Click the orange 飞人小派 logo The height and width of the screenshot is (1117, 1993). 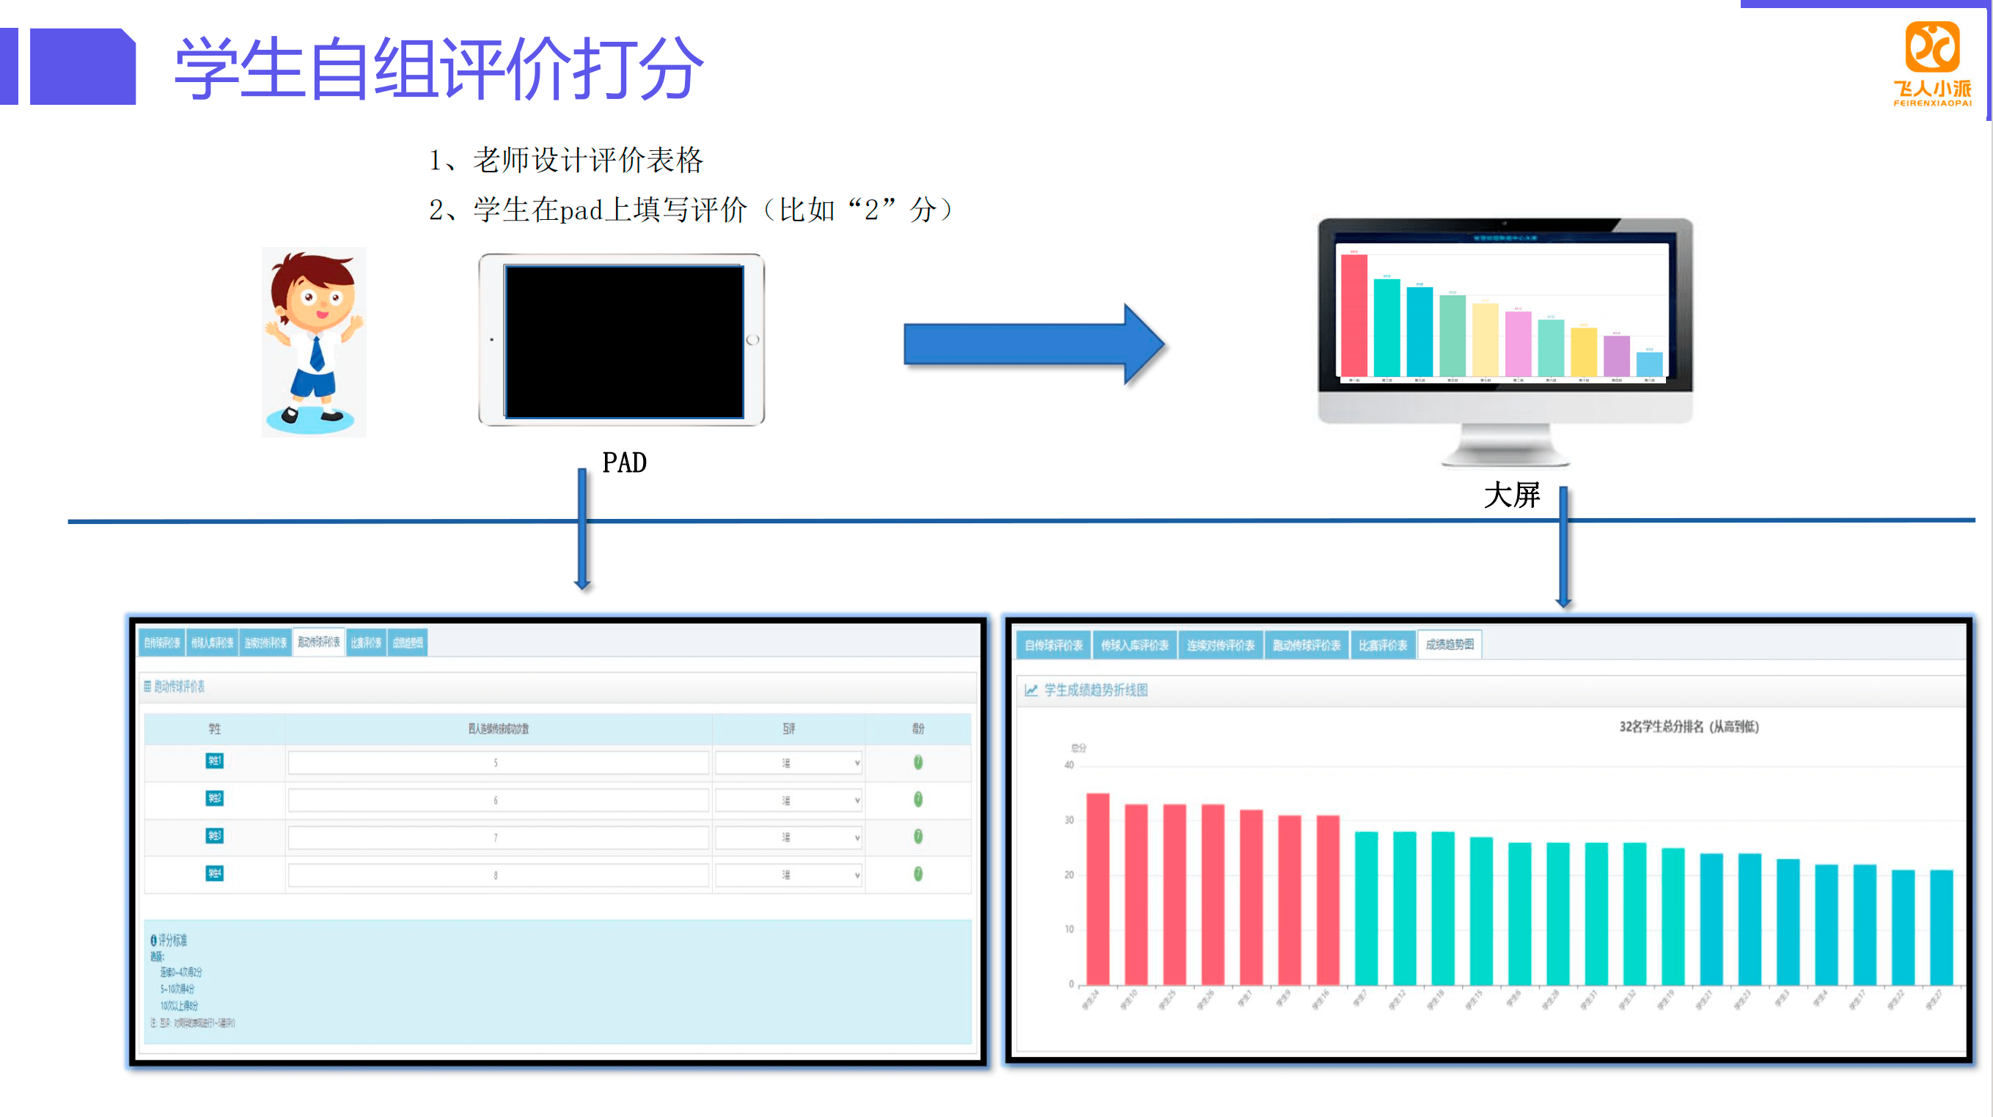coord(1932,62)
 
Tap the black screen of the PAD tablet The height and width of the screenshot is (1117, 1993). coord(623,341)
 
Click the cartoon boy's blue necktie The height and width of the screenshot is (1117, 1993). coord(318,353)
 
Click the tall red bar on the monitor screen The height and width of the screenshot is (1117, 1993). coord(1353,315)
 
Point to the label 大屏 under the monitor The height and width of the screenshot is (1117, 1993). coord(1511,495)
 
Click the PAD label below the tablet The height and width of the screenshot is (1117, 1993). coord(624,462)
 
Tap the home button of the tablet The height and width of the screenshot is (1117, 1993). coord(752,339)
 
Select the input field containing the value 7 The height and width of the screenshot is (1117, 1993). coord(496,838)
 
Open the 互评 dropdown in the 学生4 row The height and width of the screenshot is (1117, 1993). coord(788,875)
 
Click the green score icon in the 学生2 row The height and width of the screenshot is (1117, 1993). coord(917,799)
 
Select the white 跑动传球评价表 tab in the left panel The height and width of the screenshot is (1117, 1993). coord(319,643)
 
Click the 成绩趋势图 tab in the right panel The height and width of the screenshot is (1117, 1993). coord(1449,644)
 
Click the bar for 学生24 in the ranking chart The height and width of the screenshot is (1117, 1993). coord(1097,889)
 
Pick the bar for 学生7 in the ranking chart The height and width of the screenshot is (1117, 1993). coord(1365,908)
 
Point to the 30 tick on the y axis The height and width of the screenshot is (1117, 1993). coord(1068,820)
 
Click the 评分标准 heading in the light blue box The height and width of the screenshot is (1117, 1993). coord(172,940)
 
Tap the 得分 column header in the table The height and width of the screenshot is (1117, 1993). coord(917,729)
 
